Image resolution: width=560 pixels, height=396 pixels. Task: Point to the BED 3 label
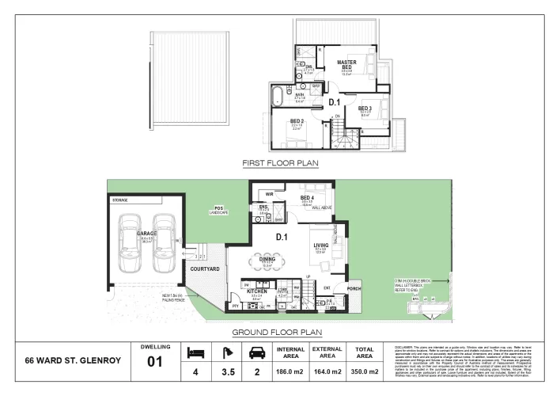[x=365, y=108]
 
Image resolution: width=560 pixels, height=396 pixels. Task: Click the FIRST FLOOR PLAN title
[x=279, y=164]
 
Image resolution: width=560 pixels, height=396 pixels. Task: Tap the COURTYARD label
[x=205, y=269]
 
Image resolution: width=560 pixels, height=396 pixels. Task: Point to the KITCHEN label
[x=257, y=291]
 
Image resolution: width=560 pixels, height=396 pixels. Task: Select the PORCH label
[x=354, y=288]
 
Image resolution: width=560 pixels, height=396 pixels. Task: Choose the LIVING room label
[x=320, y=246]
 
